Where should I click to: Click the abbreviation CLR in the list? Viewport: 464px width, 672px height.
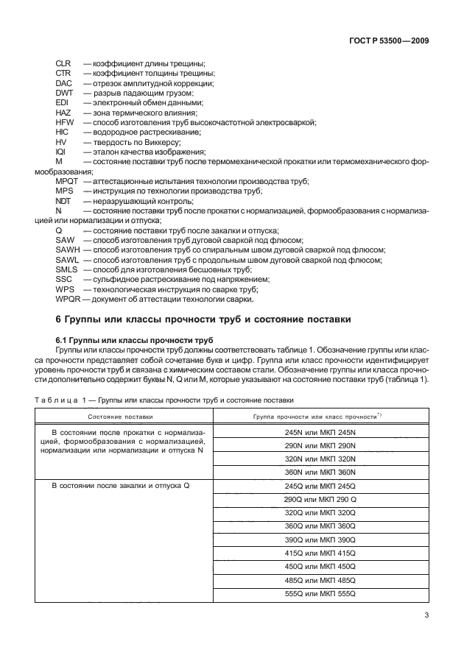click(x=64, y=63)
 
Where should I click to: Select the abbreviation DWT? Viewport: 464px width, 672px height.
click(x=64, y=93)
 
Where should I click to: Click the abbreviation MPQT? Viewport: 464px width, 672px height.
click(x=68, y=181)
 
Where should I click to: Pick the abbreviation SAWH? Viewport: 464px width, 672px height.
click(x=68, y=250)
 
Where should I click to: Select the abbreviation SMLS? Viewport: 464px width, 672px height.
click(x=67, y=269)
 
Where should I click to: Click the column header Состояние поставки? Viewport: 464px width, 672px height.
click(x=120, y=417)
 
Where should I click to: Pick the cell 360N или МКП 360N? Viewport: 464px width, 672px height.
click(x=320, y=472)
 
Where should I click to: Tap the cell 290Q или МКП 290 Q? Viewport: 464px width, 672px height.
click(x=320, y=499)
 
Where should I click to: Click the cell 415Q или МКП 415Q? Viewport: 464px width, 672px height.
click(x=320, y=553)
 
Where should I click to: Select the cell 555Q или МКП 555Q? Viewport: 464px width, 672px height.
click(x=320, y=593)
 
